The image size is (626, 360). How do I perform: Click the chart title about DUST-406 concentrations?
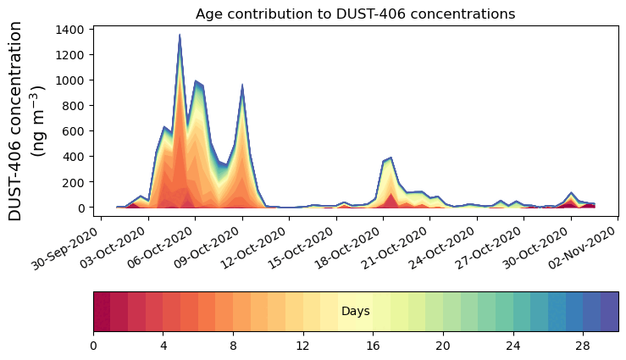[x=355, y=14]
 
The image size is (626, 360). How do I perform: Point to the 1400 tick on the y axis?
[x=69, y=30]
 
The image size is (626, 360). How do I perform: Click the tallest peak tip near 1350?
[x=180, y=35]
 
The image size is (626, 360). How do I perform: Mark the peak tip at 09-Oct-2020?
[x=242, y=85]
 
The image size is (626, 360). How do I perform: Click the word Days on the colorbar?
[x=355, y=312]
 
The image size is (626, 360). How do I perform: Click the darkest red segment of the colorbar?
[x=102, y=312]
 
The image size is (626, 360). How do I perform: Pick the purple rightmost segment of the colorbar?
[x=609, y=312]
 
